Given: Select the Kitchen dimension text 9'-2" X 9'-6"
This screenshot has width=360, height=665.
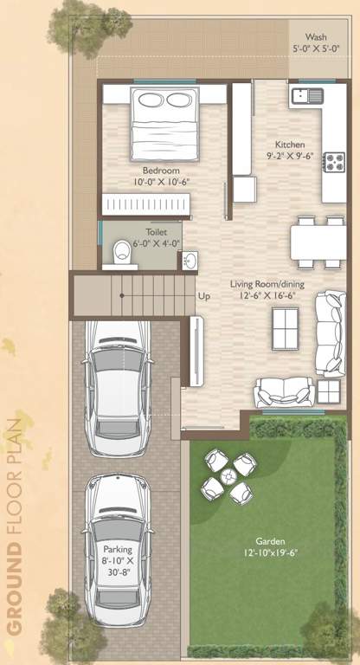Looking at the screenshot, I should click(x=289, y=157).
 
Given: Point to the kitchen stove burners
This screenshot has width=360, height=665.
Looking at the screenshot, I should click(x=333, y=162).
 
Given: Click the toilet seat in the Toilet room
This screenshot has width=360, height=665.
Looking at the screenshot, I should click(x=122, y=252).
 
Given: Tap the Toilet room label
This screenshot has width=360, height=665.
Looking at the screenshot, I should click(x=157, y=232).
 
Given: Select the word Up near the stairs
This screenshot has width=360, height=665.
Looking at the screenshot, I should click(x=204, y=296).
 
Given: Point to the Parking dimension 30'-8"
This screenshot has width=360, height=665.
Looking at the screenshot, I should click(x=118, y=572).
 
